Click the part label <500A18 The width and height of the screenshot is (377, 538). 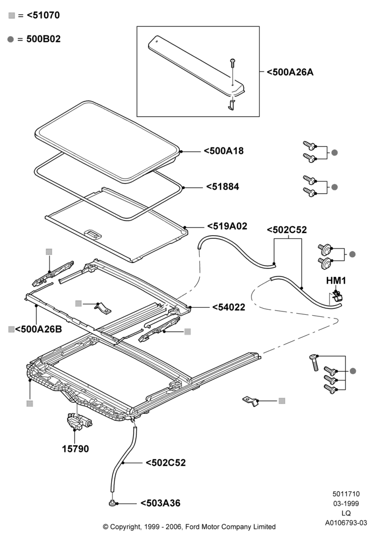pos(224,151)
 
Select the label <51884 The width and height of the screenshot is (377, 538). pos(222,187)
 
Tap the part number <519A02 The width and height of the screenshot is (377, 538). pos(227,226)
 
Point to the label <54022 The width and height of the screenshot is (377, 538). pos(229,307)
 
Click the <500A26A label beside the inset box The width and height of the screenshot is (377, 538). pos(290,73)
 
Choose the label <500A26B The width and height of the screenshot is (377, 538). pos(38,329)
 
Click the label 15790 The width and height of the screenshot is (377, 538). pos(75,449)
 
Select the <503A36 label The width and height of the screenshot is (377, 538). pos(160,504)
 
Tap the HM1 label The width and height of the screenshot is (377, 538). pos(336,281)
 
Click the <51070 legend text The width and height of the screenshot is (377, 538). pos(43,16)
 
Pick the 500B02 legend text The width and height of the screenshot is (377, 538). pos(43,39)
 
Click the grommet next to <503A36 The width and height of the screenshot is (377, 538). pos(112,504)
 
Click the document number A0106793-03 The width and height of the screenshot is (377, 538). pos(346,523)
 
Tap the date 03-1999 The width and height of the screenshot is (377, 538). pos(346,504)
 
